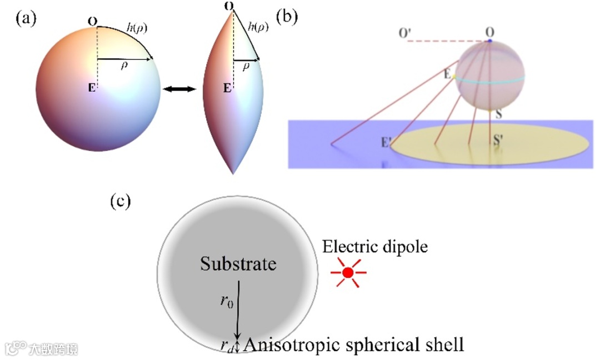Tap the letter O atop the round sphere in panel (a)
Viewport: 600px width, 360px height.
point(92,22)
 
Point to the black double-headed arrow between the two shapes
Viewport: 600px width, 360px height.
point(179,88)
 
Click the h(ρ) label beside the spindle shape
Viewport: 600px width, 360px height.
point(258,26)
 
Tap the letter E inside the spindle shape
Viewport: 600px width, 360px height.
point(227,88)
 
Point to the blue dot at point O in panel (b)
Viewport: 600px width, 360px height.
point(489,41)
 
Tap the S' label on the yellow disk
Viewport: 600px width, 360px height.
point(498,138)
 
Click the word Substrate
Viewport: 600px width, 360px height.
point(238,263)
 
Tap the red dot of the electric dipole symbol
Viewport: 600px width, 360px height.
point(348,272)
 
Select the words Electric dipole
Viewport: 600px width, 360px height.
point(376,246)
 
